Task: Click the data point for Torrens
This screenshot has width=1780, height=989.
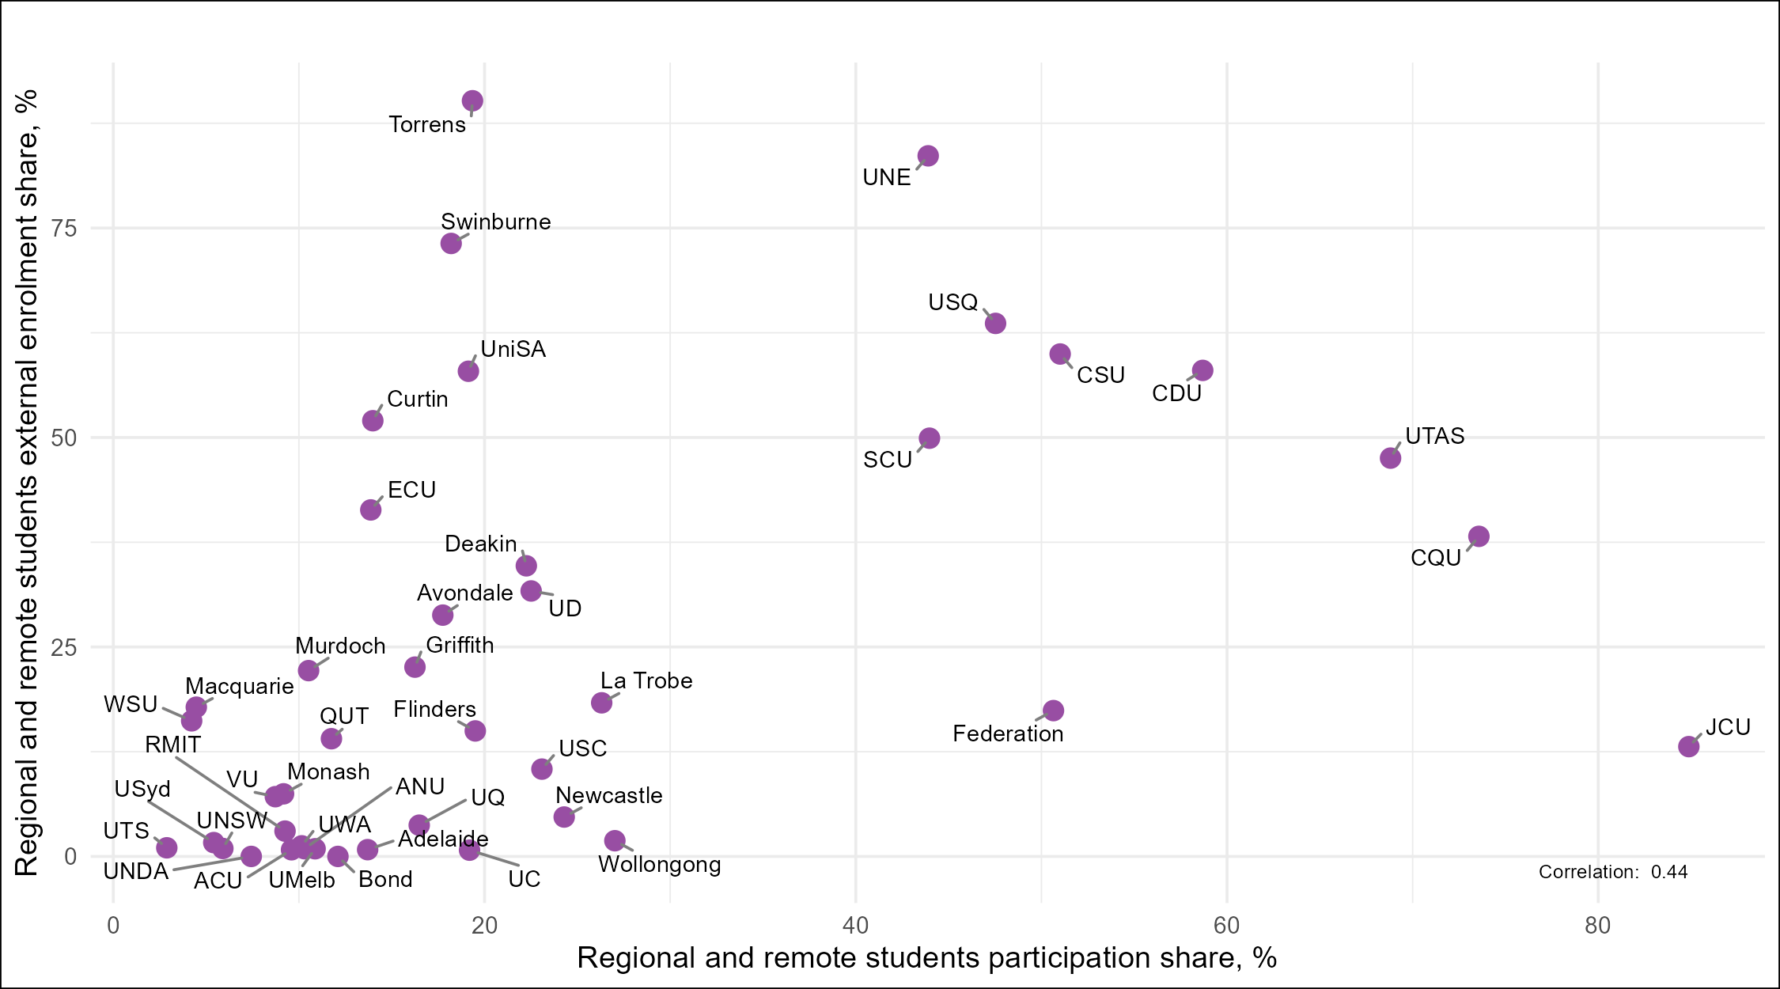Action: pos(472,101)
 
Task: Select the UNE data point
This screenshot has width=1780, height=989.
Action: pos(928,156)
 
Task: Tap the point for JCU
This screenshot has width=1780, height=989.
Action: pos(1689,746)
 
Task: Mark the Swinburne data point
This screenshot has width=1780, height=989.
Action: pos(451,243)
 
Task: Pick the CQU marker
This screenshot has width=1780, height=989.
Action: pos(1479,536)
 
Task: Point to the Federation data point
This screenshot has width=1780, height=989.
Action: pos(1053,710)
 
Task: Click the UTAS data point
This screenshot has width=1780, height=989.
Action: pos(1390,458)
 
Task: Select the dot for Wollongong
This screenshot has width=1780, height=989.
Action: pos(615,840)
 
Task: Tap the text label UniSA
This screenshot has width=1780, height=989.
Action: pos(513,350)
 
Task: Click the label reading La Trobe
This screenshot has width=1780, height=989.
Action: pos(646,681)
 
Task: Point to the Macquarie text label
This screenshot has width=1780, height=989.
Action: pos(240,686)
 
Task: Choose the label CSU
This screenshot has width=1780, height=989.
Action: pos(1100,375)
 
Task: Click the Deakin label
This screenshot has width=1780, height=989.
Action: pos(480,544)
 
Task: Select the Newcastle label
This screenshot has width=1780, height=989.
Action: pos(609,796)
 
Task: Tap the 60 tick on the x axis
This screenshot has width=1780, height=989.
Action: pos(1226,926)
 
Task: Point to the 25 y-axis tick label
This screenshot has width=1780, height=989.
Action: pos(64,647)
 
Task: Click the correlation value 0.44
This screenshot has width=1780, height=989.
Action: pos(1669,872)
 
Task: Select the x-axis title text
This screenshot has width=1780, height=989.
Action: pos(926,958)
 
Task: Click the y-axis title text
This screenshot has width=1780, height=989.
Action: pos(27,483)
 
